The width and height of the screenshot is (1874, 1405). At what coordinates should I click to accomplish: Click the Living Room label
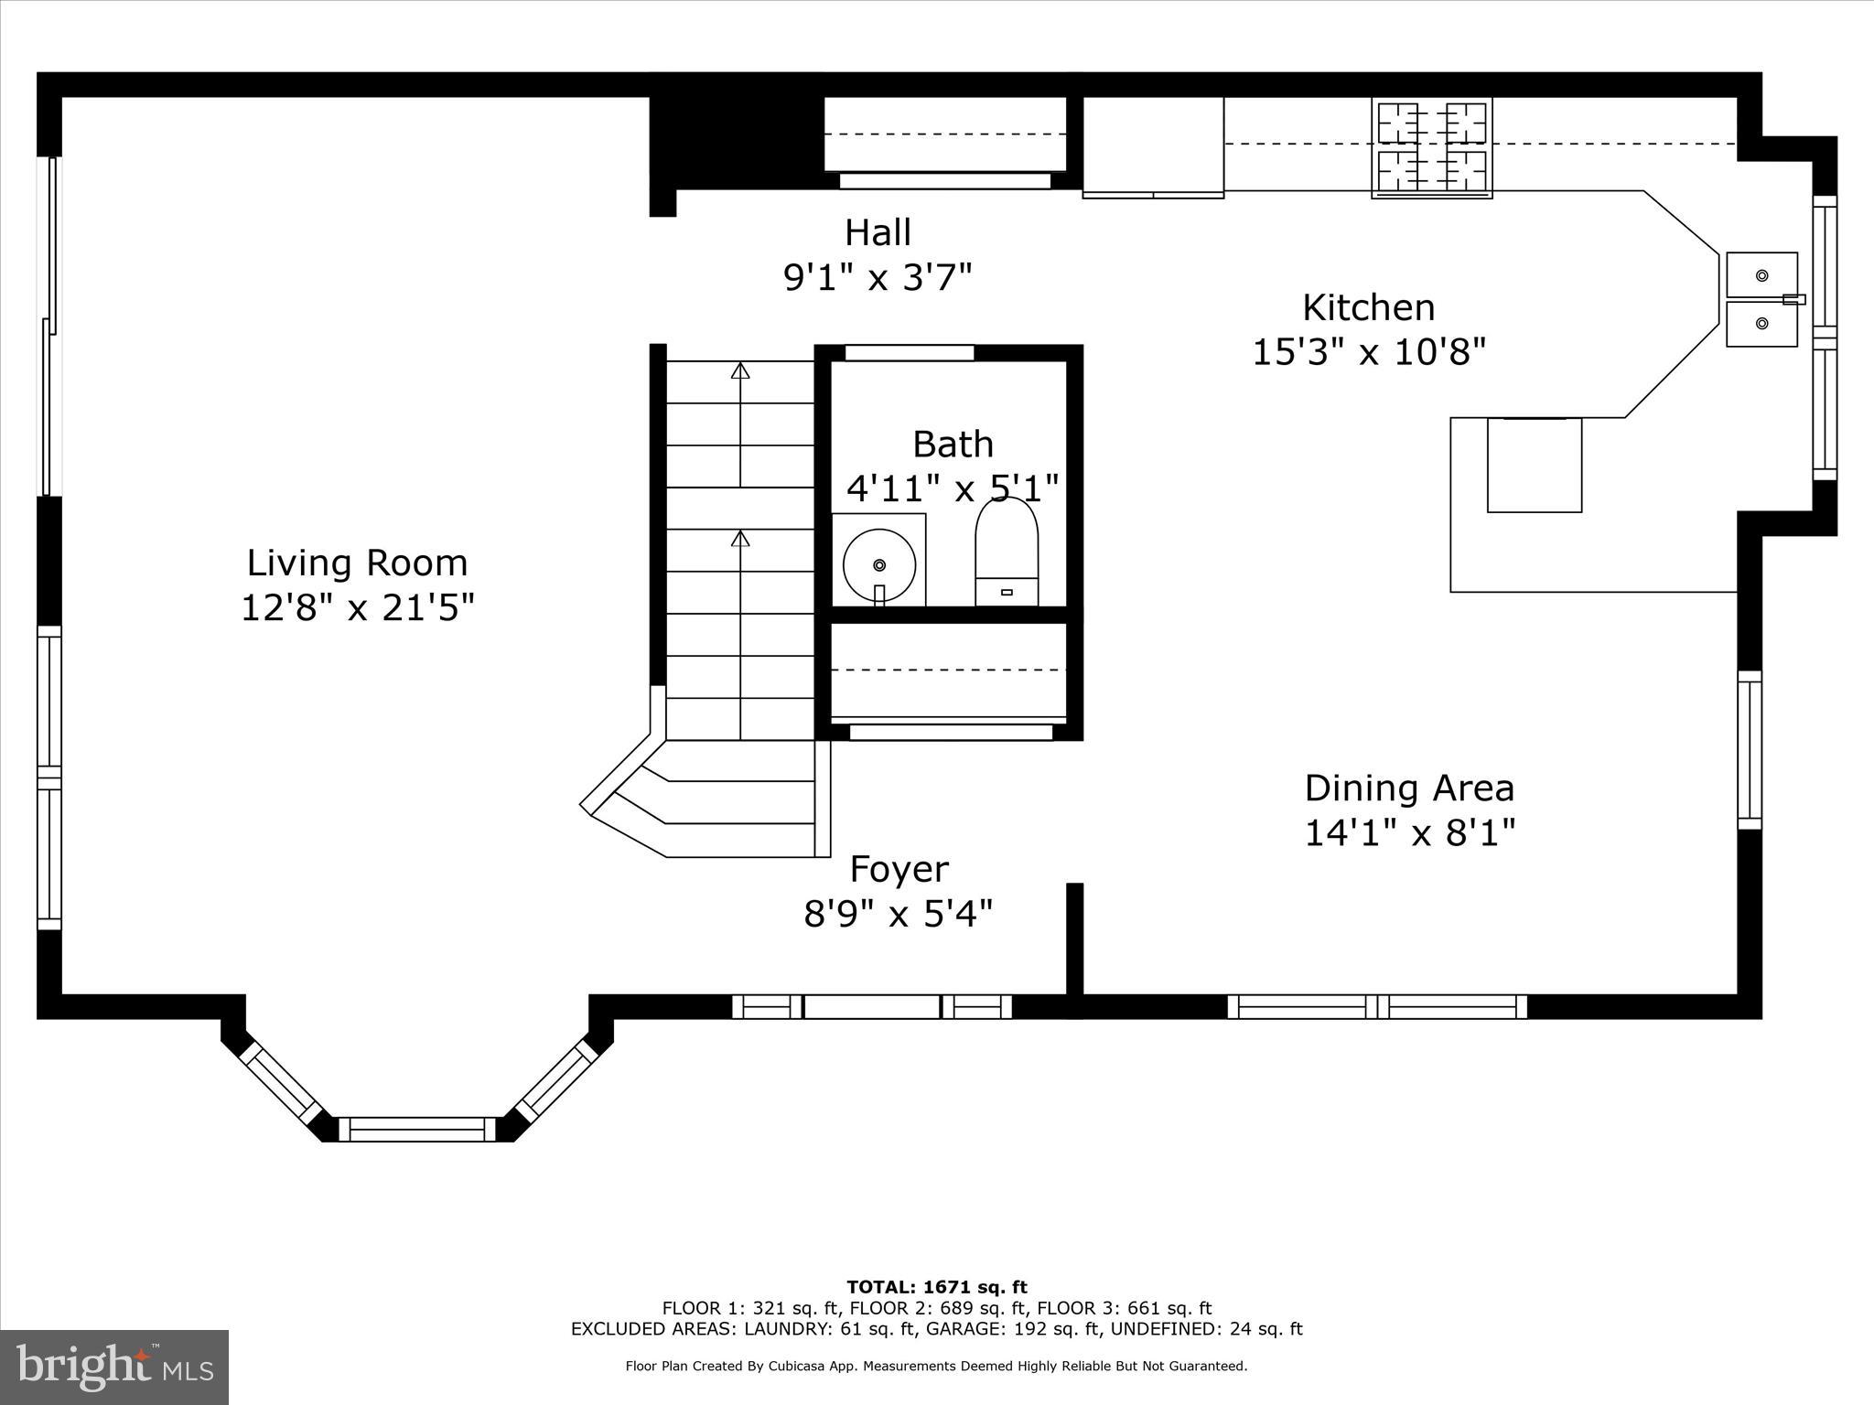click(357, 563)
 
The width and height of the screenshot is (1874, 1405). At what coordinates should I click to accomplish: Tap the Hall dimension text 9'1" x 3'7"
click(878, 276)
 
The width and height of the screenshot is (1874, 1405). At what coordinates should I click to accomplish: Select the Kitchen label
click(1368, 307)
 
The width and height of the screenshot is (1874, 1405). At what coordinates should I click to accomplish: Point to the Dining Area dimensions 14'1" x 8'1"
click(1409, 833)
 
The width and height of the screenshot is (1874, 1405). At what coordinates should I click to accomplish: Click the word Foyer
click(899, 869)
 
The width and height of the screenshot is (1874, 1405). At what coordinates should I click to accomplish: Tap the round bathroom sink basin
click(879, 564)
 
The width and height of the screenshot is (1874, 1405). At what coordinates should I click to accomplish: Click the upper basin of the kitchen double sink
click(1761, 275)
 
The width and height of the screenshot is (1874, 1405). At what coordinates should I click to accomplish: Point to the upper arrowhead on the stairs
click(740, 370)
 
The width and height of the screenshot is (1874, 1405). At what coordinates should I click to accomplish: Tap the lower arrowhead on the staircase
click(740, 539)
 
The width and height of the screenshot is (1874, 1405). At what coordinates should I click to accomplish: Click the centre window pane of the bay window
click(417, 1129)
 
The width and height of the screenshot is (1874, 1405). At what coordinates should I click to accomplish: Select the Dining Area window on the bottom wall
click(1377, 1007)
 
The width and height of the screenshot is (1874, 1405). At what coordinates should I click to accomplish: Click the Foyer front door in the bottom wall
click(872, 1007)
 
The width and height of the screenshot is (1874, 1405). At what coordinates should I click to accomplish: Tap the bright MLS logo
click(114, 1367)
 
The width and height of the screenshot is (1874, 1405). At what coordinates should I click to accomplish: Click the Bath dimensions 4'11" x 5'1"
click(952, 488)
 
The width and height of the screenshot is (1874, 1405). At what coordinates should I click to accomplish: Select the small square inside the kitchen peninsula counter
click(1534, 465)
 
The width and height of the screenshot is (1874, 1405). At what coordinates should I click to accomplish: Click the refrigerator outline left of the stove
click(1153, 146)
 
